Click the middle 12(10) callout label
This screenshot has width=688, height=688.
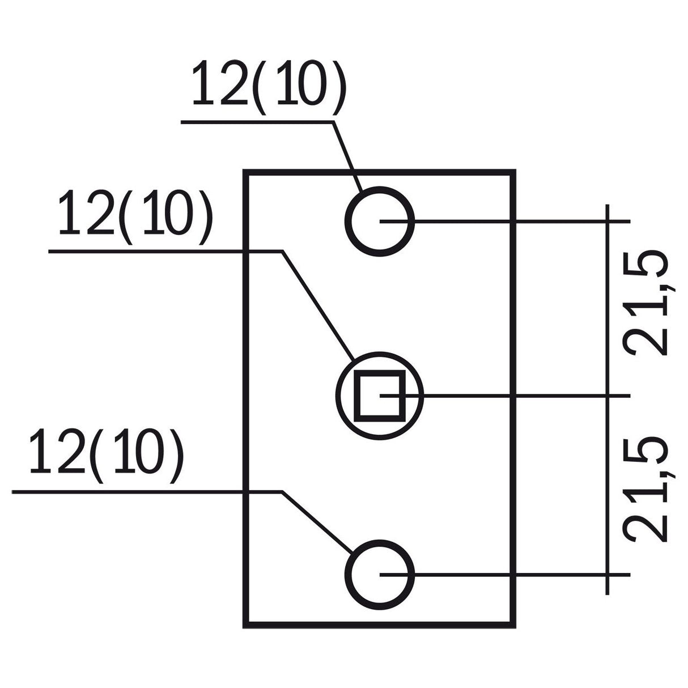[x=135, y=220]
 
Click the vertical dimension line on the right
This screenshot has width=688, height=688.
[x=608, y=397]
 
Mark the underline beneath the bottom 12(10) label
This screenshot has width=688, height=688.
[x=147, y=491]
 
